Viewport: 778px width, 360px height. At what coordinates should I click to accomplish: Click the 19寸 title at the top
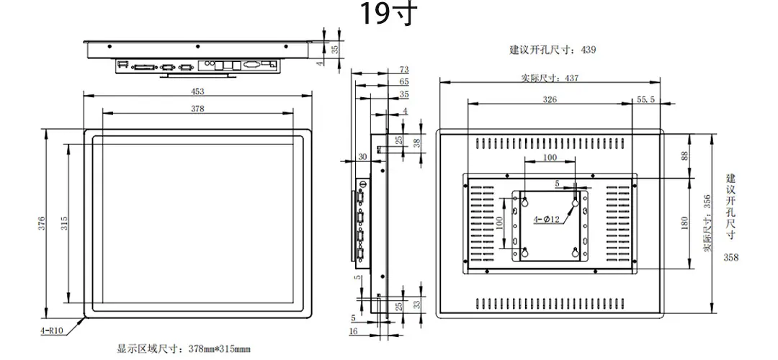pyautogui.click(x=389, y=14)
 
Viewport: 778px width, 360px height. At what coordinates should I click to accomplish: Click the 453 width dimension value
pyautogui.click(x=197, y=91)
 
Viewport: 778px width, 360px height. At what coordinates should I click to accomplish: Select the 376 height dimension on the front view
pyautogui.click(x=43, y=224)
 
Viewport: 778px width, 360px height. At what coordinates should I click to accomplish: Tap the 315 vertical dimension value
pyautogui.click(x=64, y=224)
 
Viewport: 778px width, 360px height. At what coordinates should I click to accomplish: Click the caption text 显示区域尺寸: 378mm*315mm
pyautogui.click(x=184, y=349)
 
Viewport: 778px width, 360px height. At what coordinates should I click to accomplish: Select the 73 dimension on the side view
pyautogui.click(x=403, y=69)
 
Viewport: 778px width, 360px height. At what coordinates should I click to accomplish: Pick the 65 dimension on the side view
pyautogui.click(x=403, y=81)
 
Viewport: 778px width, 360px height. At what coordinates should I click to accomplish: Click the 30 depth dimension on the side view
pyautogui.click(x=362, y=156)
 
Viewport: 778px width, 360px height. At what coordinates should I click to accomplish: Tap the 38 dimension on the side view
pyautogui.click(x=417, y=143)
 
